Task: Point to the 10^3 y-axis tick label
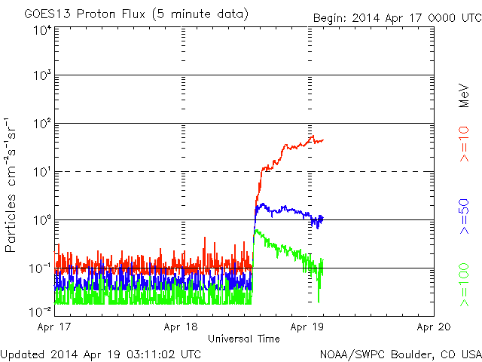click(x=41, y=77)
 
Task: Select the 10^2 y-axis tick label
click(x=41, y=124)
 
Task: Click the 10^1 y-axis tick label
click(x=41, y=172)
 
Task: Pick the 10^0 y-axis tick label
click(x=41, y=220)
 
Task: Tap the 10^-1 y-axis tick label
click(x=40, y=268)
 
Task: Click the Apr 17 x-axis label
click(x=53, y=327)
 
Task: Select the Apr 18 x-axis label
click(x=181, y=327)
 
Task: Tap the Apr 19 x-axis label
click(x=307, y=327)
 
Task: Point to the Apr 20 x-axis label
click(x=434, y=327)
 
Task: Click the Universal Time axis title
click(x=243, y=338)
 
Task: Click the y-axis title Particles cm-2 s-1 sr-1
click(x=14, y=185)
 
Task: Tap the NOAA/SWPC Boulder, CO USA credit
click(x=400, y=353)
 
